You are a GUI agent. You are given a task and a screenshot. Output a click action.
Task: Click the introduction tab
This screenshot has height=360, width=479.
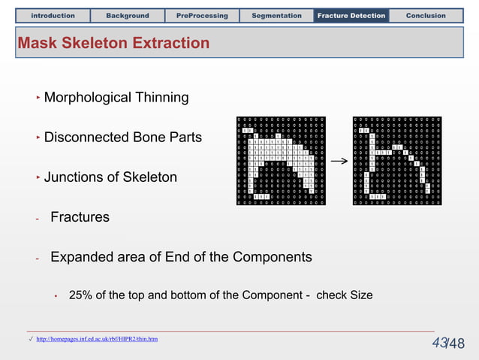point(53,15)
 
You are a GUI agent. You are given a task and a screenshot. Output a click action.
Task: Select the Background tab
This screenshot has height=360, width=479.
point(128,15)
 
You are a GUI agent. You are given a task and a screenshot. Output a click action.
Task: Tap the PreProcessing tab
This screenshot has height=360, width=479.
point(203,15)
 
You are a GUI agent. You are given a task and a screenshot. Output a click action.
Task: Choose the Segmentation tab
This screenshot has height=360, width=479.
point(276,15)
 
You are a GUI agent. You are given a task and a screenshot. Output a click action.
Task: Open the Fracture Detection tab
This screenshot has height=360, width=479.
point(351,15)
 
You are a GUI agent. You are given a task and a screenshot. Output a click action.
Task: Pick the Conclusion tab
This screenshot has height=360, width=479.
point(426,15)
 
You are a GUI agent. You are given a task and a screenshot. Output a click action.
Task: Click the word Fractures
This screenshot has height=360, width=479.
point(80,217)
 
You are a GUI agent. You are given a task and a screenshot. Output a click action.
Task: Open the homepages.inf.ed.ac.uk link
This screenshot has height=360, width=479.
point(97,340)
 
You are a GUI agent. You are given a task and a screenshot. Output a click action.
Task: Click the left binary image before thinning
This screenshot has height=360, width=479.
point(282,160)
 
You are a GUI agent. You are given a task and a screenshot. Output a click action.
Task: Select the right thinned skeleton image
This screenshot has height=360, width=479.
point(397,160)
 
